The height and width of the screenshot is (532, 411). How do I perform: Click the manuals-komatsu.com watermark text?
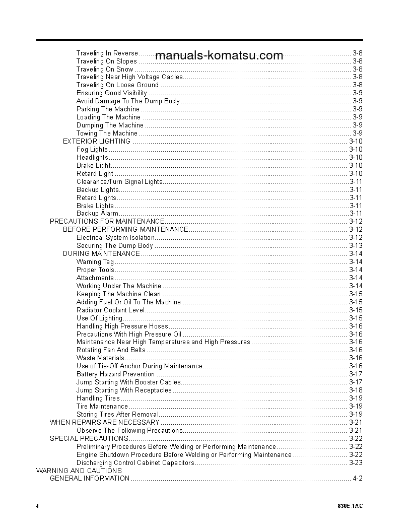click(219, 55)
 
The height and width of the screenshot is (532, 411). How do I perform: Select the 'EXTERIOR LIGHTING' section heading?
click(97, 141)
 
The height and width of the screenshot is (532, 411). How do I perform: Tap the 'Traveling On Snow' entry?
click(105, 69)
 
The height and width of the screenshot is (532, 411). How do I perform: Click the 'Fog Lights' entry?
click(92, 149)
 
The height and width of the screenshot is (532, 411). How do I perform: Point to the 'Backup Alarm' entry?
click(98, 214)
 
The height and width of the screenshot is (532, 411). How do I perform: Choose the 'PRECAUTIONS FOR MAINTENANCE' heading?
click(107, 221)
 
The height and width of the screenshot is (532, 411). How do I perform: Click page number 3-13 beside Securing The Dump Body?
click(356, 245)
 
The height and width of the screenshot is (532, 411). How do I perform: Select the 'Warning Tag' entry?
click(95, 261)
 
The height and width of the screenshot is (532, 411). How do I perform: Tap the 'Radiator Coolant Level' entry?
click(111, 310)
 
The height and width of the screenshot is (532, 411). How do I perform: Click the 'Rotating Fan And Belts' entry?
click(111, 350)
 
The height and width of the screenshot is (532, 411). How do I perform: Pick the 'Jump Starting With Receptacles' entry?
click(124, 390)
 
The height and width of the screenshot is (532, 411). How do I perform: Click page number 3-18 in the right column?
click(356, 390)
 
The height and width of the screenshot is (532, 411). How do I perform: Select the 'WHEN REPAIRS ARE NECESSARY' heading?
click(105, 422)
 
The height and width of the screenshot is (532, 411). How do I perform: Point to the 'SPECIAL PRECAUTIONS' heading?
click(89, 438)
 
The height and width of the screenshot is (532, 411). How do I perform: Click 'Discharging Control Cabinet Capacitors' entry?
click(135, 462)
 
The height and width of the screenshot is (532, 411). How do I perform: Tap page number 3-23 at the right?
click(356, 462)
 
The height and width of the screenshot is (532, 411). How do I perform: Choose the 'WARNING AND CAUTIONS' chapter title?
click(79, 471)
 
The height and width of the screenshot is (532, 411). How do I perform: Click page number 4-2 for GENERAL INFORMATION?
click(358, 479)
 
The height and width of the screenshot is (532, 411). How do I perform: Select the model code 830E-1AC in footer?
click(350, 506)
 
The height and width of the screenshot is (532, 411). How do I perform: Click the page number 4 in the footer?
click(37, 506)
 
